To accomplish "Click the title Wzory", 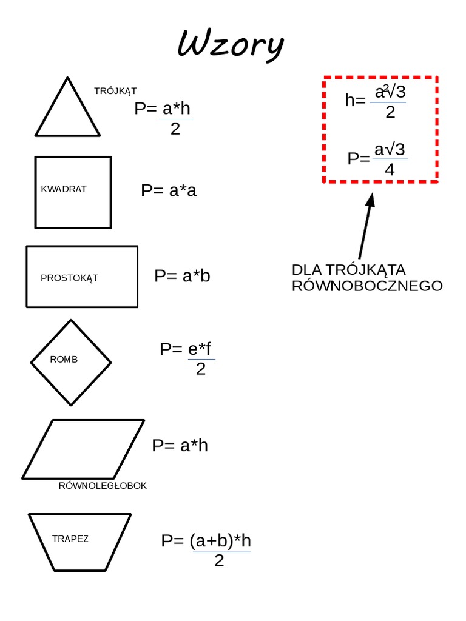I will click(231, 45).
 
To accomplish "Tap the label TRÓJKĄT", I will click(115, 91).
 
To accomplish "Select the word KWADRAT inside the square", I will click(64, 189).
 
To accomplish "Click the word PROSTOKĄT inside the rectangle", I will click(69, 278).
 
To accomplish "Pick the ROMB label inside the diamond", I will click(64, 359).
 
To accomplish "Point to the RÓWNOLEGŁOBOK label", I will click(103, 486).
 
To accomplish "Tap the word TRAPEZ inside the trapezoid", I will click(70, 539).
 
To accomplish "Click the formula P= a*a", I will click(169, 190).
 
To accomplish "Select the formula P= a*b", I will click(182, 276).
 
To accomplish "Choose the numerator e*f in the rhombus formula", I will click(200, 350).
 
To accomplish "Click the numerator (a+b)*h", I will click(220, 541).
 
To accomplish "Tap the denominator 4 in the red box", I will click(390, 170).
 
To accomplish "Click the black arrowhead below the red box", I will click(370, 199).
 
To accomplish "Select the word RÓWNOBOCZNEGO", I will click(367, 286).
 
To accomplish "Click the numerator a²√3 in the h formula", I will click(390, 93).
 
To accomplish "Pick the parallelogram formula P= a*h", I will click(180, 446).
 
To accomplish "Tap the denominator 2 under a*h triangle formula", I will click(175, 129).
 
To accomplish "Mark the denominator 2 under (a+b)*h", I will click(219, 561).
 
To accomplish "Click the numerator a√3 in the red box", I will click(390, 150).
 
